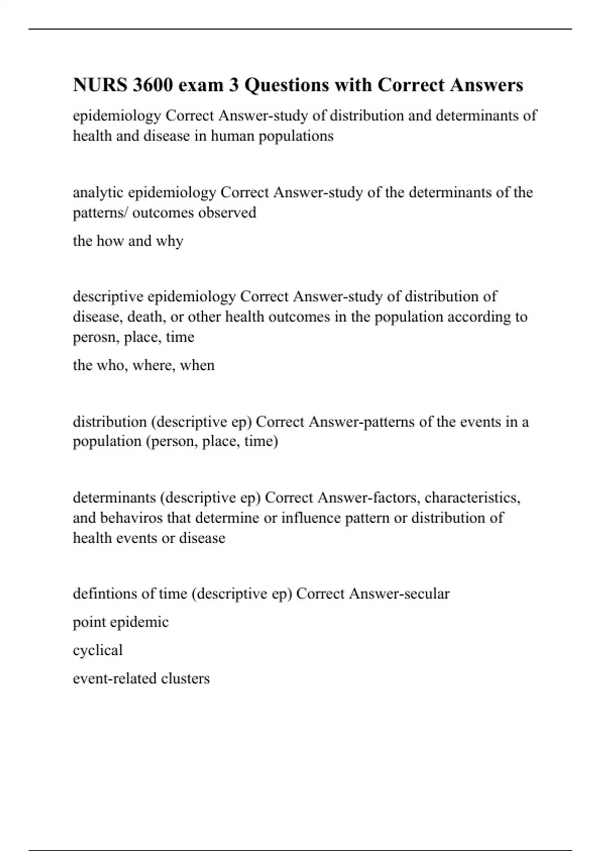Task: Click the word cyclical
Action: point(98,650)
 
